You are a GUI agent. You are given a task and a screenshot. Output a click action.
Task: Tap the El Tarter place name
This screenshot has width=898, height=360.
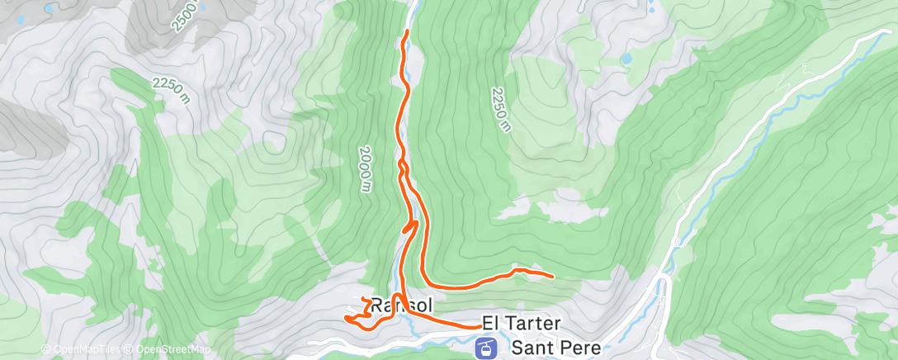tap(522, 321)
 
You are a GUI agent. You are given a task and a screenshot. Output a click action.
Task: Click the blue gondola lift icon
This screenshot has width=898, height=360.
tap(487, 348)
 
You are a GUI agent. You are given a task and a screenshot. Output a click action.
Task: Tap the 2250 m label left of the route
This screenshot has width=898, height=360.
tap(171, 91)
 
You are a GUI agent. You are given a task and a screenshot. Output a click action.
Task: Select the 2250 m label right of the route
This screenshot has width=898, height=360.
tap(501, 110)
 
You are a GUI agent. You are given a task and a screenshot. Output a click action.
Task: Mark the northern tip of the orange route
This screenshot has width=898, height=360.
tap(406, 31)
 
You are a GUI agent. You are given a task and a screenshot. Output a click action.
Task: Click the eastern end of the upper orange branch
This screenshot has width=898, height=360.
tap(551, 275)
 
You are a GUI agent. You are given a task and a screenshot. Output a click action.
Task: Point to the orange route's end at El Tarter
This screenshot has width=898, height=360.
tap(480, 326)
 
